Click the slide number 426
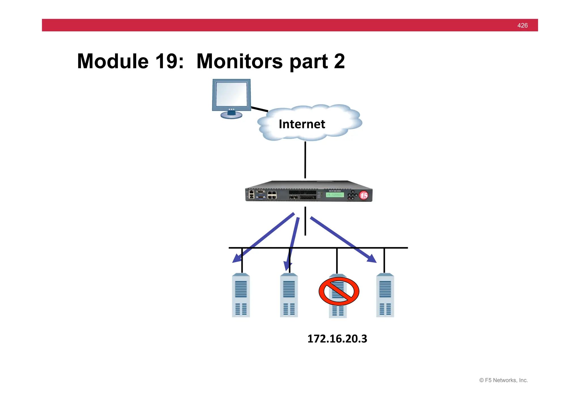(x=522, y=26)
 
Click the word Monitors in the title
(x=239, y=61)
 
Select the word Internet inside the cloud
(x=302, y=124)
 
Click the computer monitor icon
(x=232, y=95)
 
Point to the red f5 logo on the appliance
(x=364, y=195)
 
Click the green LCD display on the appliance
(x=335, y=195)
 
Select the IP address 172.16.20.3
(x=337, y=339)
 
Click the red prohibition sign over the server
(x=339, y=291)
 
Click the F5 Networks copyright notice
(x=503, y=380)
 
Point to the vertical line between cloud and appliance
(x=305, y=160)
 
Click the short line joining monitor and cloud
(x=259, y=109)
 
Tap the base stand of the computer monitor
(x=231, y=115)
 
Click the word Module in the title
(x=113, y=61)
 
